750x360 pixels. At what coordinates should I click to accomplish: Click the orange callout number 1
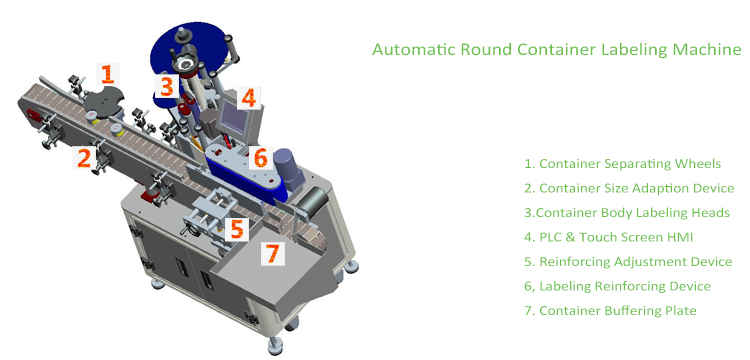[x=107, y=73]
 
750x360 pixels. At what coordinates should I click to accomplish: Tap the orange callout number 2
[x=86, y=157]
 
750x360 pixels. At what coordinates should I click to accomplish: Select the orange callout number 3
[x=167, y=87]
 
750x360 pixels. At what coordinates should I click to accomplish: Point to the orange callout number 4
[x=248, y=97]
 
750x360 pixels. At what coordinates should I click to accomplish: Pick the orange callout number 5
[x=236, y=229]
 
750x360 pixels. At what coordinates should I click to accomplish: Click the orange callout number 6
[x=259, y=158]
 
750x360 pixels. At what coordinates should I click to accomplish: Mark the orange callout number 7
[x=271, y=253]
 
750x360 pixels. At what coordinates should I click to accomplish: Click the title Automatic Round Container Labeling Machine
[x=556, y=48]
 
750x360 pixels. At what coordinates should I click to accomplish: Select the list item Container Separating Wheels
[x=622, y=163]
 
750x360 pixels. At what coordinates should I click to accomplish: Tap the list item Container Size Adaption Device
[x=635, y=188]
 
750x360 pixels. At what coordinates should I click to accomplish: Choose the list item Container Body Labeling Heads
[x=627, y=212]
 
